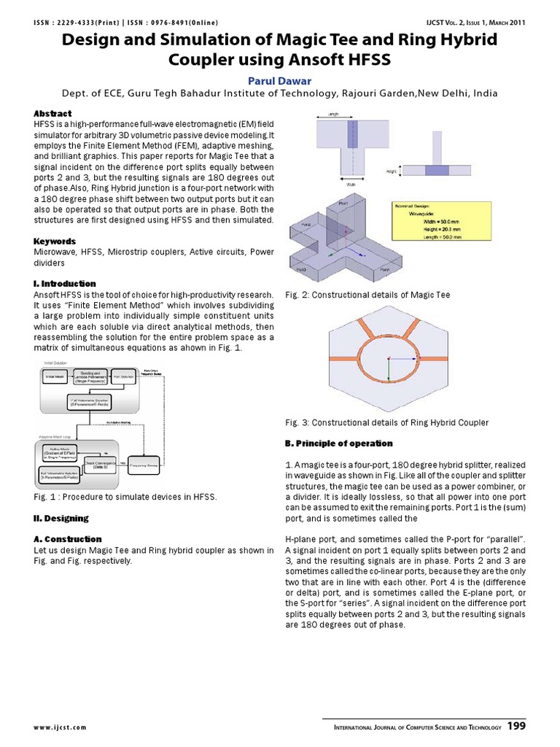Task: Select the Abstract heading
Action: point(52,114)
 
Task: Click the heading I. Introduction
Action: point(65,283)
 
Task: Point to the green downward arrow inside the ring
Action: point(389,371)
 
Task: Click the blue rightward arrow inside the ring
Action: point(401,357)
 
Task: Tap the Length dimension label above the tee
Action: point(354,115)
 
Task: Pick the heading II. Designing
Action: point(61,518)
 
